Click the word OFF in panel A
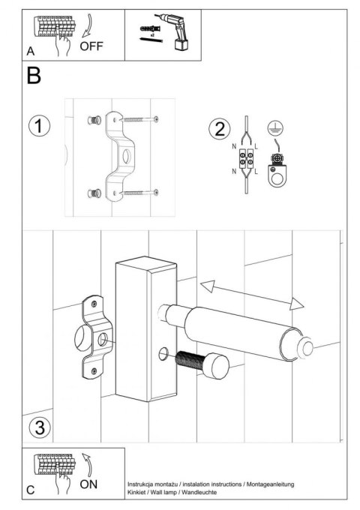(91, 46)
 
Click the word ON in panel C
(88, 484)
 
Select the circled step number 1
(39, 124)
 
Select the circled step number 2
(219, 128)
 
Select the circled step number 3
(39, 428)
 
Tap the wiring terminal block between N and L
(248, 159)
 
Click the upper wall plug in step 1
(95, 120)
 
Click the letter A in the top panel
(30, 52)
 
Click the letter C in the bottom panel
(30, 490)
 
